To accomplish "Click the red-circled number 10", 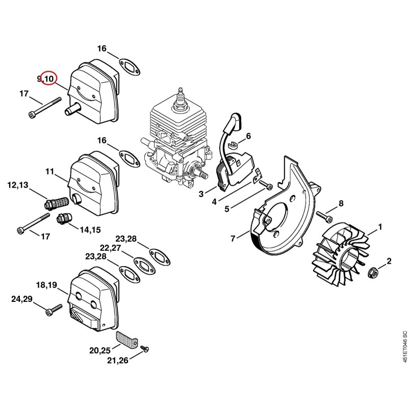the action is [49, 78].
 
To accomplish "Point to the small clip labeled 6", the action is [233, 144].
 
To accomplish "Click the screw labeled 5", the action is [266, 184].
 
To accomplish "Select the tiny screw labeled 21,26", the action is [144, 348].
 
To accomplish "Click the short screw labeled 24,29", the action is [54, 309].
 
